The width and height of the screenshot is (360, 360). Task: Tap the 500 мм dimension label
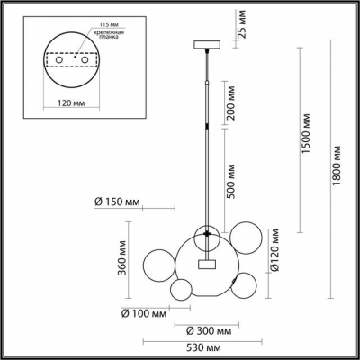(232, 183)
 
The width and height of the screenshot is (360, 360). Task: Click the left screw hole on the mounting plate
(59, 62)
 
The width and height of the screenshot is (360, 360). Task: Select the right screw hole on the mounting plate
(85, 62)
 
